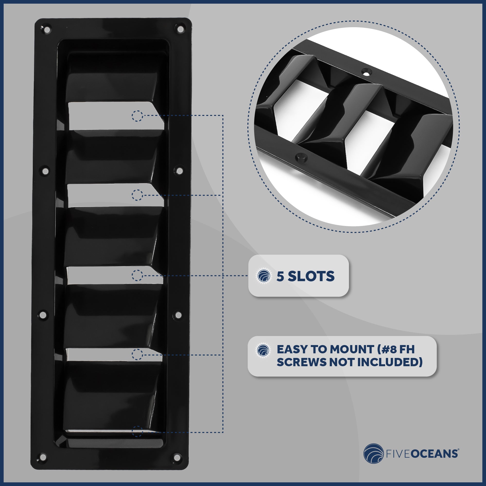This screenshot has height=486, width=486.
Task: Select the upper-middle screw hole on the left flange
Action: [x=45, y=172]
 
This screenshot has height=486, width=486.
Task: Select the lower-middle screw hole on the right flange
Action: [x=178, y=315]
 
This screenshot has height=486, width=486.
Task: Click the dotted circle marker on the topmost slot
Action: [x=137, y=116]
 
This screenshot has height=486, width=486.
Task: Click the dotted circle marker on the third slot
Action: [x=137, y=276]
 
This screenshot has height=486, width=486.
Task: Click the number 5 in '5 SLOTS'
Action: [x=280, y=276]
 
